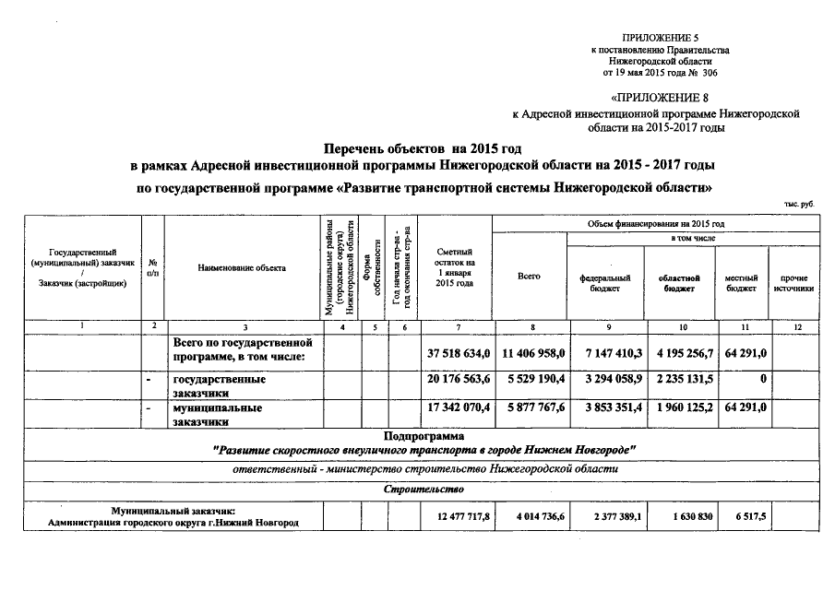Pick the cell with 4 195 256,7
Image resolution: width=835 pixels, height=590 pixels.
[x=682, y=353]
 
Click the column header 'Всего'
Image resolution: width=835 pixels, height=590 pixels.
[x=530, y=276]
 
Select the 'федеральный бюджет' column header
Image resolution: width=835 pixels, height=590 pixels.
[x=604, y=282]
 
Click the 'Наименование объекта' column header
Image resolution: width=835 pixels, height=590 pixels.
[x=242, y=267]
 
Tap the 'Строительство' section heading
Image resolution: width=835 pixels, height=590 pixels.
[x=425, y=489]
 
